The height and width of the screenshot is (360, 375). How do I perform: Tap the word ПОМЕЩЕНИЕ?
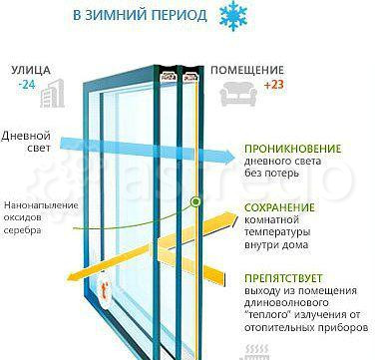tap(246, 71)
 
